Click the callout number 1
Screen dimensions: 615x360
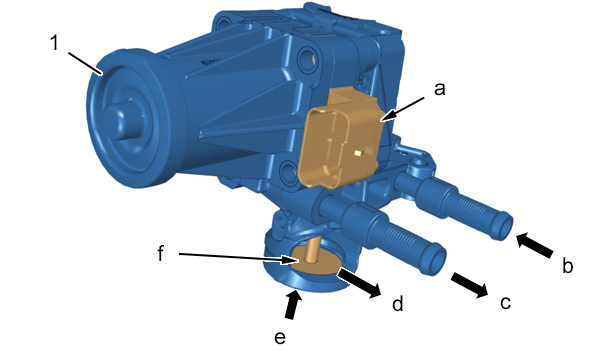click(x=55, y=42)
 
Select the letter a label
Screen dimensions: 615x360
click(x=440, y=89)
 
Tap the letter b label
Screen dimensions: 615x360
click(x=567, y=265)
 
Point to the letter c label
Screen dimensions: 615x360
click(x=505, y=303)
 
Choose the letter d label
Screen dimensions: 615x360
click(x=398, y=303)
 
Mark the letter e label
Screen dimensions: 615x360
click(x=280, y=338)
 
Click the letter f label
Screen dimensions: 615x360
click(x=161, y=253)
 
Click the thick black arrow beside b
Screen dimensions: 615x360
click(x=534, y=245)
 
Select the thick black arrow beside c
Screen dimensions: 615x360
click(x=469, y=285)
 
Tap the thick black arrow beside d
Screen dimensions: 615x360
click(x=359, y=283)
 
